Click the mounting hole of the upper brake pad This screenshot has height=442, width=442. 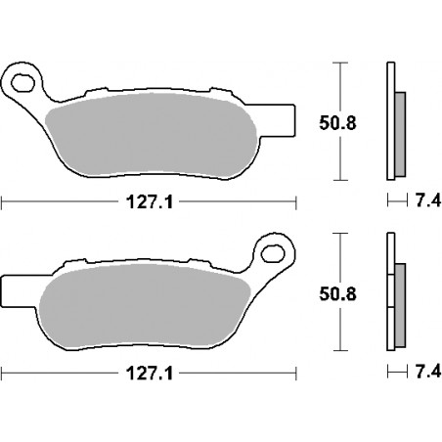[x=22, y=83]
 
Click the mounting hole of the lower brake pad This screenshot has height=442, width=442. [x=273, y=253]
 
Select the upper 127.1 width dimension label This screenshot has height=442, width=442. [x=150, y=202]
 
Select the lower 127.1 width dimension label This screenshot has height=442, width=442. [x=150, y=373]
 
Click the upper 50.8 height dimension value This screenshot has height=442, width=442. [x=337, y=123]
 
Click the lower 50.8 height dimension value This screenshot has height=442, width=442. [x=337, y=294]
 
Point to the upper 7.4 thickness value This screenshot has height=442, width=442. [x=428, y=200]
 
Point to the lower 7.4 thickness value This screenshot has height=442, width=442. [x=428, y=372]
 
